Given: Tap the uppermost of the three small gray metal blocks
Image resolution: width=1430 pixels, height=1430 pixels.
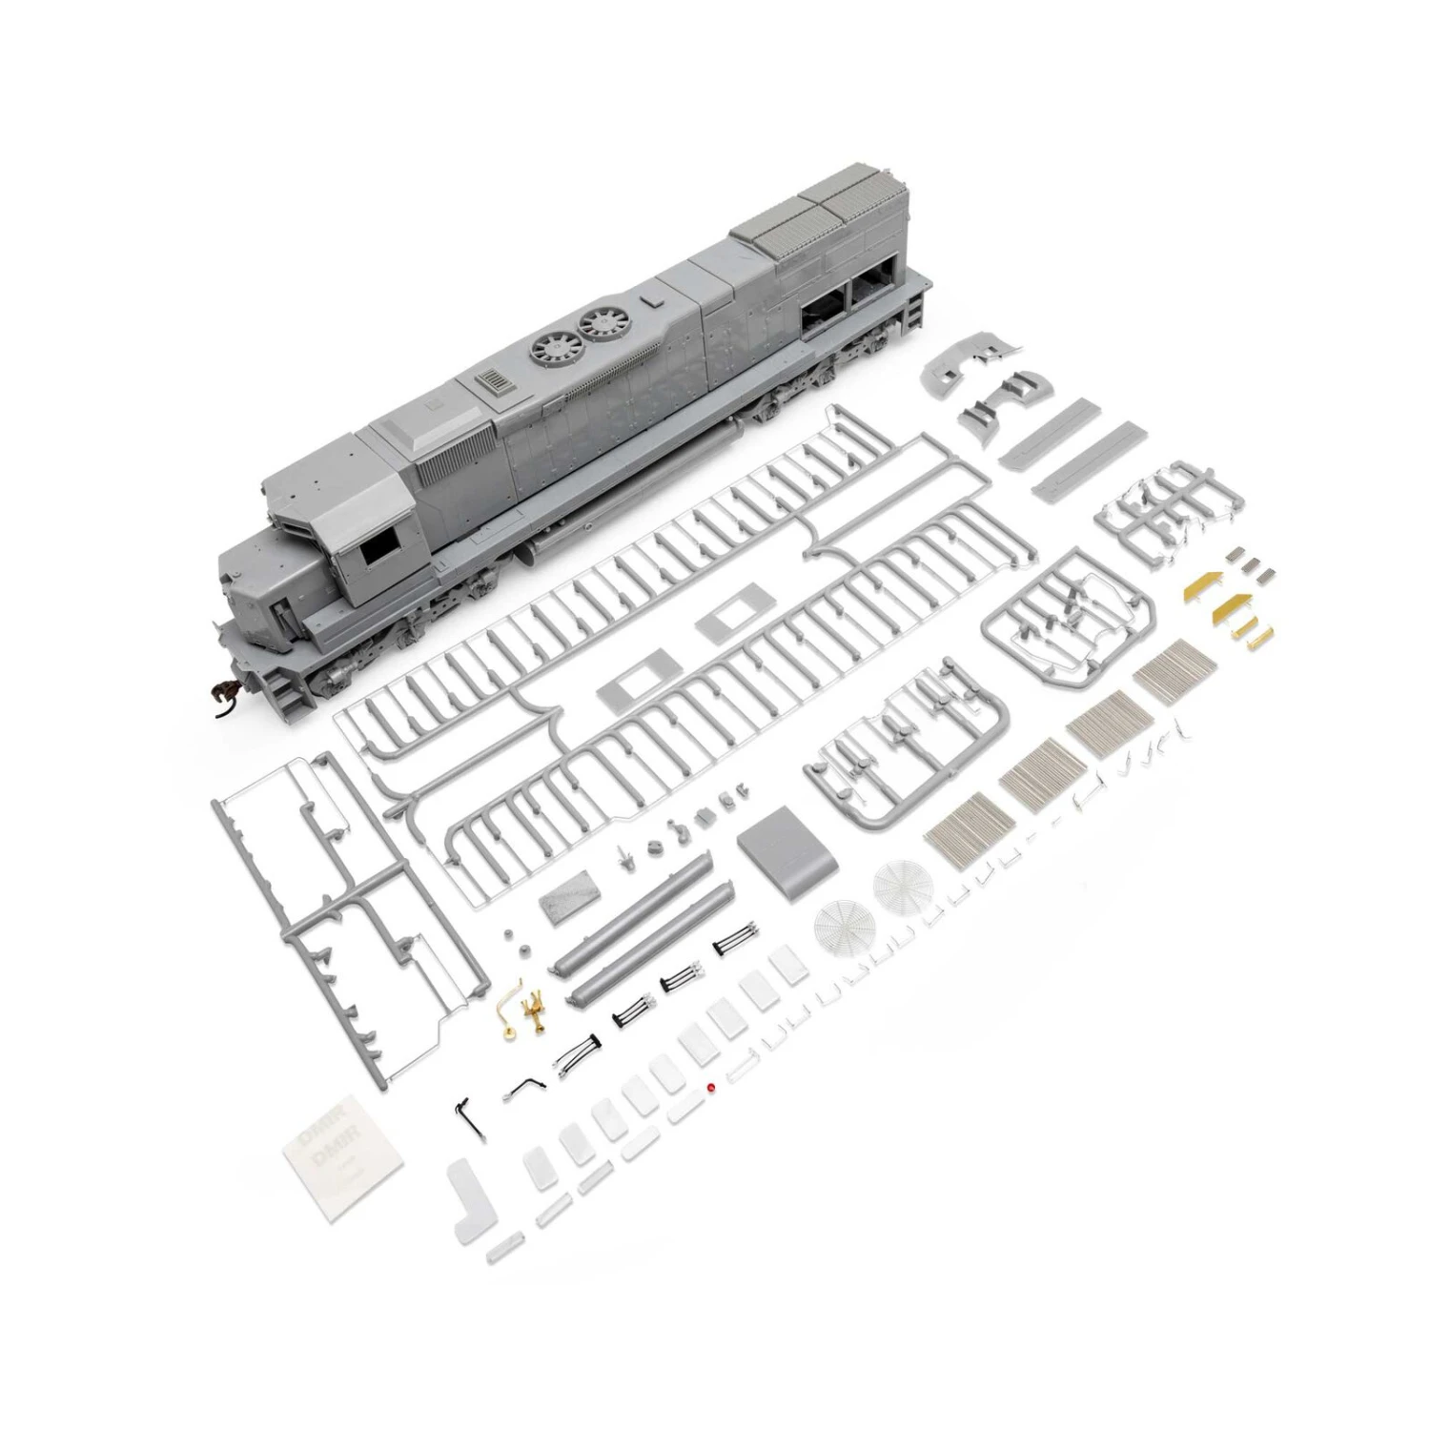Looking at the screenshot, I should [x=1237, y=552].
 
